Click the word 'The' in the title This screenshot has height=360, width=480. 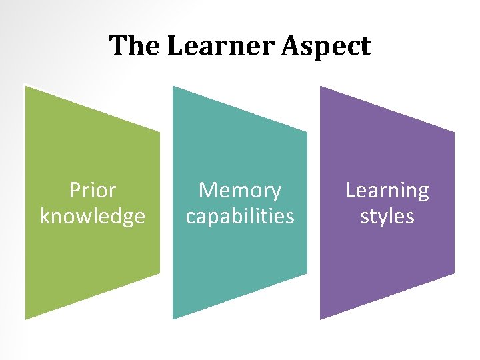[x=135, y=47]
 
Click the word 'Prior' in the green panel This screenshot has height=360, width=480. [x=93, y=191]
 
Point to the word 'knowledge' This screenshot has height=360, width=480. [x=93, y=217]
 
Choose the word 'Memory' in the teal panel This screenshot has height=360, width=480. [x=240, y=191]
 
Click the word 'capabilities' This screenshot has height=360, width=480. [x=240, y=217]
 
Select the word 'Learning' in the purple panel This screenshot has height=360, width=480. [x=387, y=191]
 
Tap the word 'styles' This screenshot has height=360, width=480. [x=387, y=217]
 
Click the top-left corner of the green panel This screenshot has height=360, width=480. [x=26, y=86]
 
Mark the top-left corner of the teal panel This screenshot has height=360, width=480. [x=173, y=86]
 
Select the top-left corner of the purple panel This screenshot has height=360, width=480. [x=321, y=86]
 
